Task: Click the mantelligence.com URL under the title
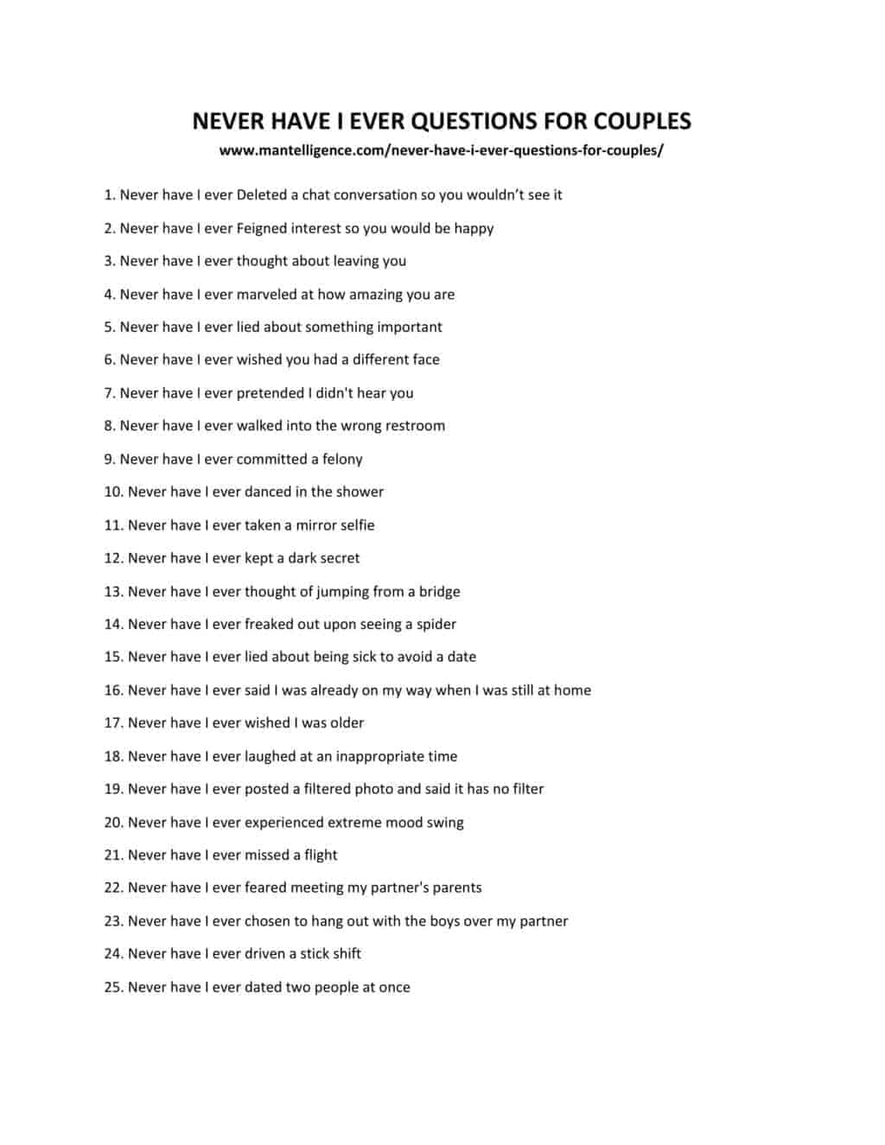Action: [x=441, y=150]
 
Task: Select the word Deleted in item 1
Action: [x=261, y=195]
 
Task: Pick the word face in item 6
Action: [x=421, y=359]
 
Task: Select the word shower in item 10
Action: [x=360, y=492]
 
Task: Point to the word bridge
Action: [x=439, y=592]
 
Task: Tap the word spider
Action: [x=436, y=625]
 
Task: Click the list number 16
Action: [x=114, y=690]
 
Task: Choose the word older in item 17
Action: [x=347, y=723]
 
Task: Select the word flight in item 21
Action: [x=321, y=856]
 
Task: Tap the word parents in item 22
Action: [x=455, y=888]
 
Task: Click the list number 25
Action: [x=114, y=988]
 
